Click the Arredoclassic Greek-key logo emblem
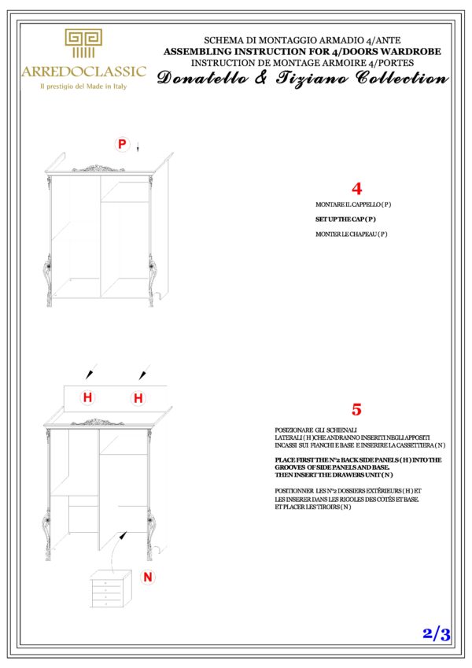point(83,44)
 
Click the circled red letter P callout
point(122,144)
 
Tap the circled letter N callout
point(147,577)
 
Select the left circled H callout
point(87,398)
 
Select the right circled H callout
point(138,398)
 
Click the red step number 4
point(357,190)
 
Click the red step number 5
point(356,410)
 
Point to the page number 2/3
point(436,634)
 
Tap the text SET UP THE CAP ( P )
point(345,219)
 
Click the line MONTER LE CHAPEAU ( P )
point(351,234)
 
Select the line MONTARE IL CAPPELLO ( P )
point(353,205)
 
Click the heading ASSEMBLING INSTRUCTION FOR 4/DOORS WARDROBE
point(302,50)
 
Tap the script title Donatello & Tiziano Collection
point(302,78)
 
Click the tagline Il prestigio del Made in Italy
point(83,87)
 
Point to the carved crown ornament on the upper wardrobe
point(98,168)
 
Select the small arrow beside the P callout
point(138,147)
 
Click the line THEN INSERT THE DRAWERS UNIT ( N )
point(334,474)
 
